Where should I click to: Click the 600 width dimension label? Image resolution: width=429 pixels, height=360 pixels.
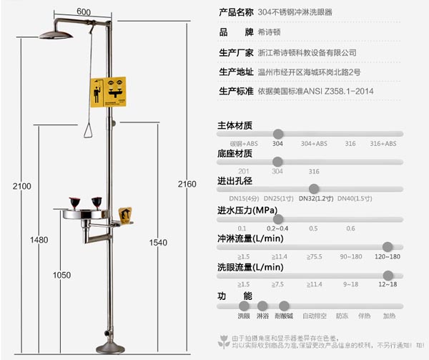tap(84, 11)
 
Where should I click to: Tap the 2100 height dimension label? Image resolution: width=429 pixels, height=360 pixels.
tap(22, 186)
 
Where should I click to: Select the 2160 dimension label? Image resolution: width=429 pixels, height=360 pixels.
tap(187, 184)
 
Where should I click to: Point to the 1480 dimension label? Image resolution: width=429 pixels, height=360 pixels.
tap(39, 239)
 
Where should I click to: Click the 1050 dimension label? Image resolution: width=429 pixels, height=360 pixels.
tap(61, 275)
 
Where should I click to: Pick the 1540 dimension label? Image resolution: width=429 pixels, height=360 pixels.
tap(157, 243)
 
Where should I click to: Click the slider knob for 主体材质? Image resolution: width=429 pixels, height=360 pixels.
tap(278, 134)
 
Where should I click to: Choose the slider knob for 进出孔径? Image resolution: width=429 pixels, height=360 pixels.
tap(314, 189)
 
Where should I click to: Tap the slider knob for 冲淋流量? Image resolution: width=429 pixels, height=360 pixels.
tap(388, 246)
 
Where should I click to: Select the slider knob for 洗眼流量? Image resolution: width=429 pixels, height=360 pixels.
tap(388, 275)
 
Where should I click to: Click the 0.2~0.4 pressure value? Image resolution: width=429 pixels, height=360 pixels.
tap(277, 228)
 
